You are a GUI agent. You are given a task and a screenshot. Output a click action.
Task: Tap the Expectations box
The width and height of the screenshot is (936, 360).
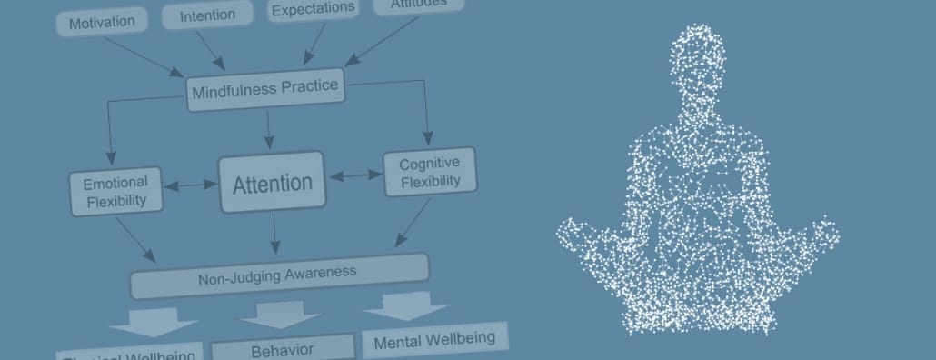312,8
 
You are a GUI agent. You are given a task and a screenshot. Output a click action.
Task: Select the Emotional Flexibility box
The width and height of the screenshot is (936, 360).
115,191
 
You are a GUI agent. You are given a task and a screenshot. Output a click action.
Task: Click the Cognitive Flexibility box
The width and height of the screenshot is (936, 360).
430,172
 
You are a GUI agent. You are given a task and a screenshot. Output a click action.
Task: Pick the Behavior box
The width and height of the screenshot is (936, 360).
282,349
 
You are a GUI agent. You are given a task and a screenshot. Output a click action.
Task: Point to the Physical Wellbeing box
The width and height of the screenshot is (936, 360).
127,353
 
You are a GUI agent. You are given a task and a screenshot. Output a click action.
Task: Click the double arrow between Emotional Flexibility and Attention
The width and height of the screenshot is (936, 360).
190,185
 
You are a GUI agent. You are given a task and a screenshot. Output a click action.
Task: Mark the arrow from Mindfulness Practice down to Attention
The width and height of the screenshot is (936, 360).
268,128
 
